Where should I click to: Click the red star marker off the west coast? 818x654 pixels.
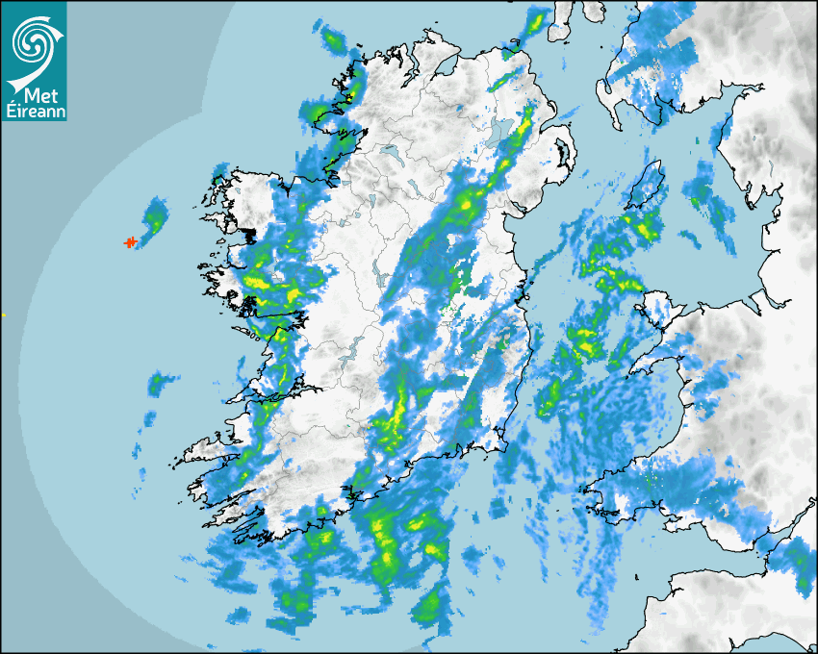tap(130, 242)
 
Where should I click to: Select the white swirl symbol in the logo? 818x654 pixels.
tap(33, 44)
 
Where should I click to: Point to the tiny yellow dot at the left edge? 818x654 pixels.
tap(3, 314)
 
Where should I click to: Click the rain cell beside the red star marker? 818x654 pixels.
tap(151, 219)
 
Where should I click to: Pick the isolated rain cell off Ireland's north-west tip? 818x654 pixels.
tap(333, 39)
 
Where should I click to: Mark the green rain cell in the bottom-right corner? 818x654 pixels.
tap(798, 563)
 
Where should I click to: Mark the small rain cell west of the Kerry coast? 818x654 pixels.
tap(157, 385)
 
